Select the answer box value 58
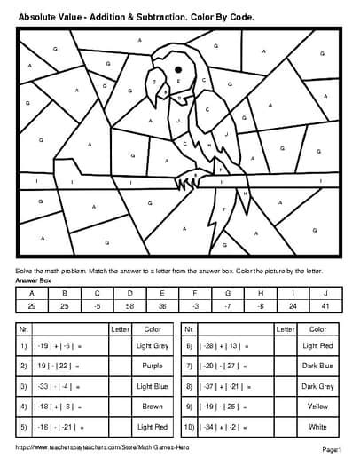coord(130,304)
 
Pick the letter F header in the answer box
coord(195,292)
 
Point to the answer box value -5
coord(98,304)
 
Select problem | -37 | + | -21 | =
coord(223,387)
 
